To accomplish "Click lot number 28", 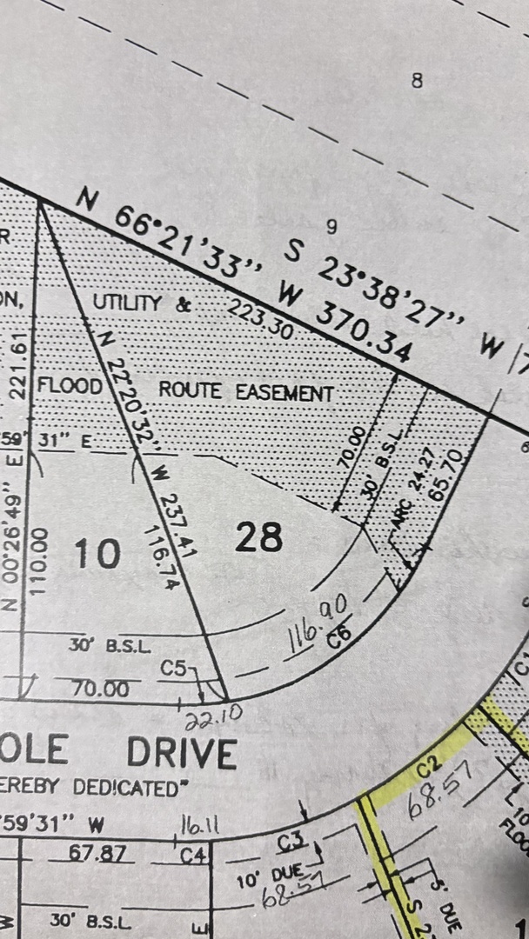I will pos(259,537).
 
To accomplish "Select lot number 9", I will pos(331,228).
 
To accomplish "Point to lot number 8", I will pos(417,81).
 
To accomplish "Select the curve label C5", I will pos(176,668).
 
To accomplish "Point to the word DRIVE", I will pos(181,753).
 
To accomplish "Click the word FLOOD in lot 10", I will pos(70,384).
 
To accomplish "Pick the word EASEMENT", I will pos(285,392).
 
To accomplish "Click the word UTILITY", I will pos(127,303).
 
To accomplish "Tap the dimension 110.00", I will pos(37,563).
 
